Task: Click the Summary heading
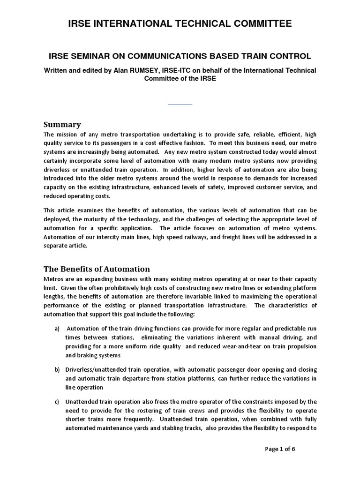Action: (62, 125)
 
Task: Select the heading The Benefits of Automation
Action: (97, 269)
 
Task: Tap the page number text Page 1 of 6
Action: (280, 449)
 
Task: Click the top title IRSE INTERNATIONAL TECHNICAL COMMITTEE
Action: (180, 23)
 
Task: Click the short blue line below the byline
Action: (180, 104)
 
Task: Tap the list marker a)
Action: (57, 329)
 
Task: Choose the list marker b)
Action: (57, 370)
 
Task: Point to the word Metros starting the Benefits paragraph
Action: (53, 279)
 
